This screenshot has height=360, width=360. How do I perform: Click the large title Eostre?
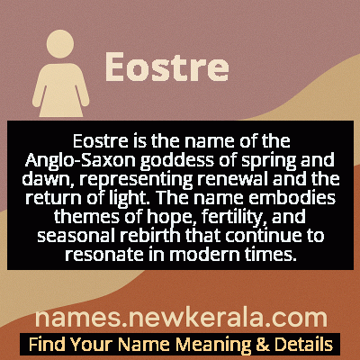click(166, 68)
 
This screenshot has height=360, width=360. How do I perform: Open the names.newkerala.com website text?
click(180, 317)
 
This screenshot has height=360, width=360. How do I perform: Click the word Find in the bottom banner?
click(44, 344)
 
